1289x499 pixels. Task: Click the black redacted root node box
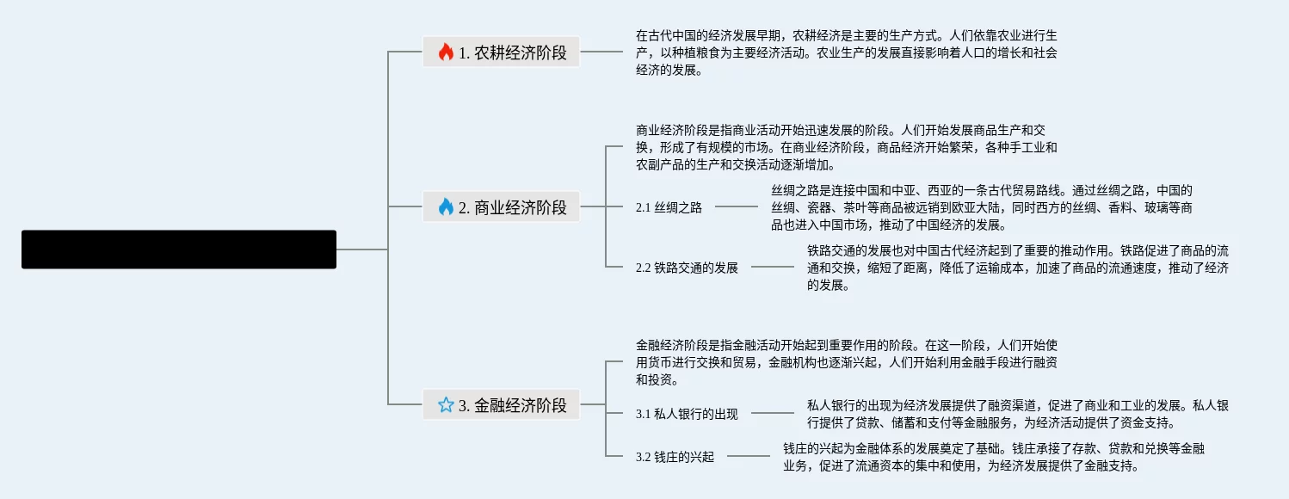pyautogui.click(x=179, y=249)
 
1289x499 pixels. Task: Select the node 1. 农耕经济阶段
pyautogui.click(x=501, y=52)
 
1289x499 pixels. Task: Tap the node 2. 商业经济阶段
pyautogui.click(x=501, y=206)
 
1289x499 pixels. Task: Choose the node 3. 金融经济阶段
pyautogui.click(x=501, y=404)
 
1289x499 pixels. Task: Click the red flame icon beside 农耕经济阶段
pyautogui.click(x=446, y=52)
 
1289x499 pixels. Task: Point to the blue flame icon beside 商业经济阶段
pyautogui.click(x=446, y=206)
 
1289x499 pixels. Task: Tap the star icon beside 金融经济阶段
pyautogui.click(x=446, y=404)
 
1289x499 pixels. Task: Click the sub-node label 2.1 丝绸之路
pyautogui.click(x=669, y=207)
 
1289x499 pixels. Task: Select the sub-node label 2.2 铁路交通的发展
pyautogui.click(x=687, y=268)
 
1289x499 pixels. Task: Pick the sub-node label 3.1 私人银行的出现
pyautogui.click(x=687, y=414)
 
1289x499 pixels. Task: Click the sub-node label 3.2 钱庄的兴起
pyautogui.click(x=675, y=457)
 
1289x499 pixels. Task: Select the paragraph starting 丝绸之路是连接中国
pyautogui.click(x=981, y=207)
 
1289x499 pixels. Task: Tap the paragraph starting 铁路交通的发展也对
pyautogui.click(x=1017, y=268)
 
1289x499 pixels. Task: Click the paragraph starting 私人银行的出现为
pyautogui.click(x=1017, y=414)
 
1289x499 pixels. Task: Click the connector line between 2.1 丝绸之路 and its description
pyautogui.click(x=737, y=206)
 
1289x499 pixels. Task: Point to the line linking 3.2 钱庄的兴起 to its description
pyautogui.click(x=749, y=456)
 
